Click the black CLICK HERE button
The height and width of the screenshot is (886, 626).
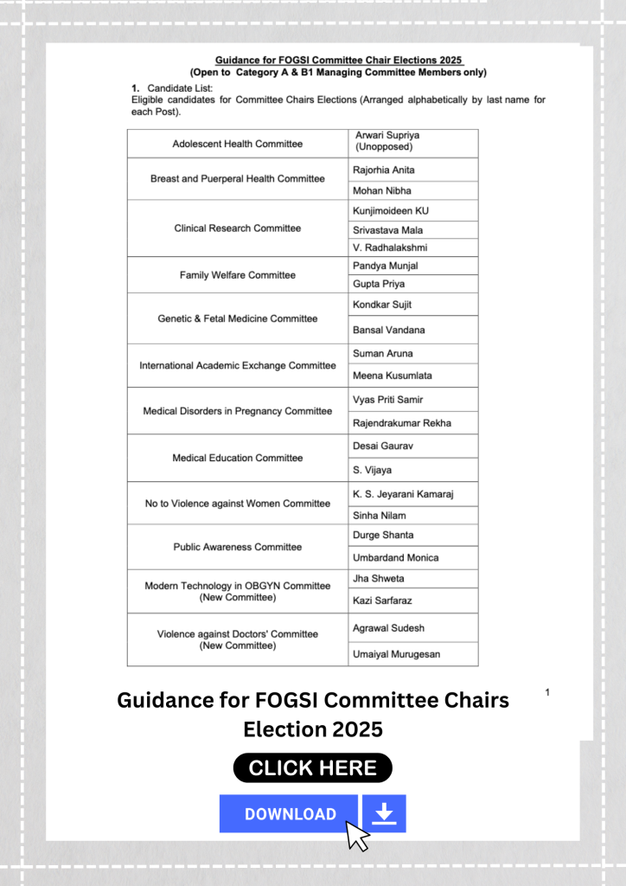point(312,767)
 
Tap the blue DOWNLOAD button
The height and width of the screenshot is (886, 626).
point(289,814)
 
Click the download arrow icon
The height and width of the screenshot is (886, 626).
point(385,813)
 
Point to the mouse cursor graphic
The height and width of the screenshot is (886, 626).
point(357,836)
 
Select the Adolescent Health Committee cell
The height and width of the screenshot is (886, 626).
point(237,144)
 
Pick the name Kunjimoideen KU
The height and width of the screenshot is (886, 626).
point(390,211)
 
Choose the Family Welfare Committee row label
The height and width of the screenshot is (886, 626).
point(237,275)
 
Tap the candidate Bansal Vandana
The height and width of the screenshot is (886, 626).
point(388,330)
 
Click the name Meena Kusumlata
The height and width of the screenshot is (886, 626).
point(392,376)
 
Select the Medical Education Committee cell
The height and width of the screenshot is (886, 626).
point(237,458)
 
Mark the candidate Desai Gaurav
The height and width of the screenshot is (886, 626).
point(383,446)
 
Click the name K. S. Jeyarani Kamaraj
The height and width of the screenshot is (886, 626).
point(403,494)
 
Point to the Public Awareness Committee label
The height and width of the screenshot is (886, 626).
point(237,547)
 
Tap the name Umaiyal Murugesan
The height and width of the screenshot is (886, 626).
point(396,654)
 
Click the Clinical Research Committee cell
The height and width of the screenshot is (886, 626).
point(237,228)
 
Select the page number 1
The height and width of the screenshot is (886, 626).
point(547,692)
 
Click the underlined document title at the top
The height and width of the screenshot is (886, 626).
point(338,60)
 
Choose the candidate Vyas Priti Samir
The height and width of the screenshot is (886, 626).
point(387,400)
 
